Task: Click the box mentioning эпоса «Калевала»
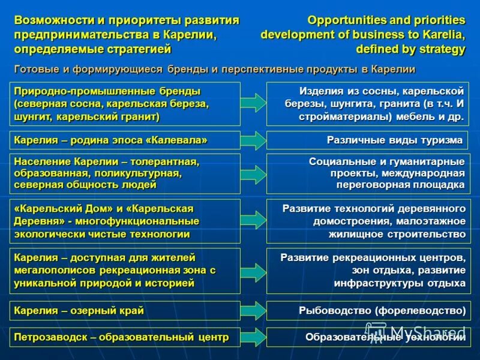127,140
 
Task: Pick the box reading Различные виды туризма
367,140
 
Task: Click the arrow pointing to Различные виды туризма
253,140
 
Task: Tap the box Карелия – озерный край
127,311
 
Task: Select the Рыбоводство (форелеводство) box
367,311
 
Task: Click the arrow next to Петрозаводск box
253,337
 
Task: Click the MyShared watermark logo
414,332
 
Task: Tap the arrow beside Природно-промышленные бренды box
253,103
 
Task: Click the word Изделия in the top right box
319,91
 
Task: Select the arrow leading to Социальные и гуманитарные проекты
253,174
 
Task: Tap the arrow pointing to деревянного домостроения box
253,221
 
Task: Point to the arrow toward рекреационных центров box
253,271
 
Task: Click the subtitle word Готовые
34,69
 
